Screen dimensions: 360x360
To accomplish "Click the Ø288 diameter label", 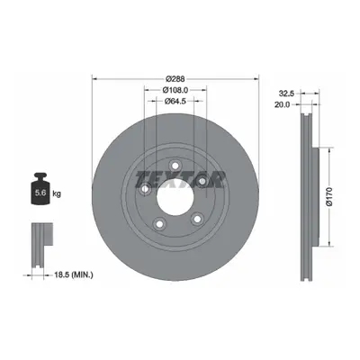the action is click(x=175, y=79).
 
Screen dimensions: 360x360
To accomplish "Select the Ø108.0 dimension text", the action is click(x=175, y=90).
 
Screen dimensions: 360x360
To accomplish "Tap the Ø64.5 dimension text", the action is click(x=175, y=101).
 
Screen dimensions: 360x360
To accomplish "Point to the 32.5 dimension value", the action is click(x=286, y=94).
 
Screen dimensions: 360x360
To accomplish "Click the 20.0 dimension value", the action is click(x=283, y=104).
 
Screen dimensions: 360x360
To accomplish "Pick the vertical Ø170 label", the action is click(x=329, y=196).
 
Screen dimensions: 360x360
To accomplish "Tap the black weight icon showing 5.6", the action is click(x=40, y=189).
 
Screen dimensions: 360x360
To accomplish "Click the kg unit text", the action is click(x=57, y=193).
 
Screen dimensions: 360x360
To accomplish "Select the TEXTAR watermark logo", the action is click(x=180, y=179).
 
